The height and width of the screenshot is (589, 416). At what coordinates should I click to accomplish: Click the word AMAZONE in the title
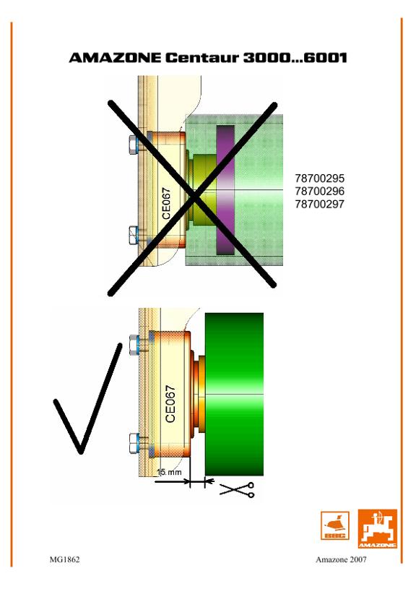tap(115, 58)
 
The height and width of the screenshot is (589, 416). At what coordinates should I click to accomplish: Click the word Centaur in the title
tap(201, 58)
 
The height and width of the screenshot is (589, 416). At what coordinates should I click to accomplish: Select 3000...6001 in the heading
tap(295, 58)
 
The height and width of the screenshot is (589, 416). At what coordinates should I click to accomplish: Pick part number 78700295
tap(319, 179)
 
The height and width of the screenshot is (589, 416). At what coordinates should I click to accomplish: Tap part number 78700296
tap(319, 192)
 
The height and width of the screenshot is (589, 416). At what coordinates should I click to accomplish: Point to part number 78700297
tap(319, 204)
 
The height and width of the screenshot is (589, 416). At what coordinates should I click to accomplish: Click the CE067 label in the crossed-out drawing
tap(166, 203)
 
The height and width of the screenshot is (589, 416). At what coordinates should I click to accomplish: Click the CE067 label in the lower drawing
tap(170, 404)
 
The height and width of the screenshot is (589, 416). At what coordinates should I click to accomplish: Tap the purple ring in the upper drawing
tap(225, 189)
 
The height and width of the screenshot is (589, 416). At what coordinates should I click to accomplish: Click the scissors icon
tap(238, 490)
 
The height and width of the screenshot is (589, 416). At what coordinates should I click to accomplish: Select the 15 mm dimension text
tap(169, 472)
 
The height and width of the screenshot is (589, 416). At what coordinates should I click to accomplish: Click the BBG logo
tap(334, 525)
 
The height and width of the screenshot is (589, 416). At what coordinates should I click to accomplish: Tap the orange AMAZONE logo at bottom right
tap(377, 528)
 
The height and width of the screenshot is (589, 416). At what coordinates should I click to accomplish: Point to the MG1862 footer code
tap(64, 559)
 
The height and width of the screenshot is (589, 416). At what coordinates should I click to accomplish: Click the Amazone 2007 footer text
tap(341, 559)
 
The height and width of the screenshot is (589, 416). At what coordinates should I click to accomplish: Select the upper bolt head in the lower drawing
tap(134, 345)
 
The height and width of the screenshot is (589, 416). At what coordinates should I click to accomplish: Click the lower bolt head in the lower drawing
tap(134, 443)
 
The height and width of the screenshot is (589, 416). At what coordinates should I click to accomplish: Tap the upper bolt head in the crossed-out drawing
tap(134, 144)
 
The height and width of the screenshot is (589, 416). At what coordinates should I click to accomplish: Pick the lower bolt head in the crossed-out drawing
tap(134, 235)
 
